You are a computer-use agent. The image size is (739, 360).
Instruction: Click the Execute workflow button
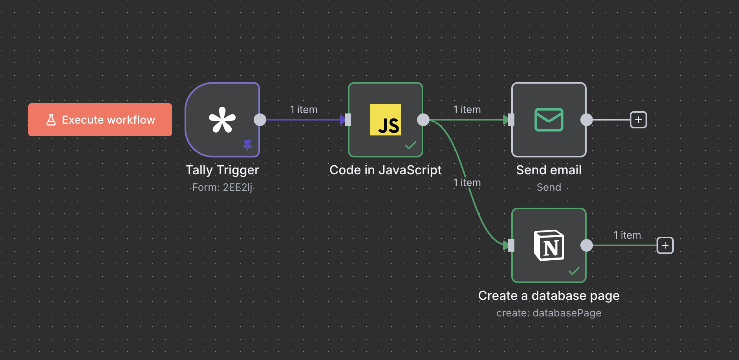pos(100,120)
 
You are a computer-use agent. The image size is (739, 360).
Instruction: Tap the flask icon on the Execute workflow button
pos(51,120)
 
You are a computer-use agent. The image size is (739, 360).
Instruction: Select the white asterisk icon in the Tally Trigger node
pos(222,120)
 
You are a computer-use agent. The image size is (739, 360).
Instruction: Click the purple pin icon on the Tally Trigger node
pos(247,145)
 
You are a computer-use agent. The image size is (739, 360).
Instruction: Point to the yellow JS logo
pos(386,120)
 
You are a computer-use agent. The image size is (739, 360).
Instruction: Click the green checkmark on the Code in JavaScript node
pos(411,146)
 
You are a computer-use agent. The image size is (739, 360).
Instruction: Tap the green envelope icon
pos(549,120)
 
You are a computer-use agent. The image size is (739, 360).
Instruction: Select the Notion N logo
pos(549,245)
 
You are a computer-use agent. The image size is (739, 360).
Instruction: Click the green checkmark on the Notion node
pos(574,271)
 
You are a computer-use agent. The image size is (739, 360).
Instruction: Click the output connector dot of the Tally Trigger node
pos(260,120)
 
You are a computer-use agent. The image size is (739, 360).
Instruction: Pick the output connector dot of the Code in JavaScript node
pos(423,120)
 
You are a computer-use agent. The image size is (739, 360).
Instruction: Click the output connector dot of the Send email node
pos(587,120)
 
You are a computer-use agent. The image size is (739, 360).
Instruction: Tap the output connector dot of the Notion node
pos(587,245)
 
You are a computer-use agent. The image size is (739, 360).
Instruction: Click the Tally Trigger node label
pos(222,170)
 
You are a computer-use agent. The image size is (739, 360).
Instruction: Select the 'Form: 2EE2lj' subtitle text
pos(222,187)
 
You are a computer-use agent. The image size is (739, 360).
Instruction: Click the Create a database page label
pos(549,296)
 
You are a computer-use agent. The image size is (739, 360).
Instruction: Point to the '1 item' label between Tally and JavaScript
pos(304,110)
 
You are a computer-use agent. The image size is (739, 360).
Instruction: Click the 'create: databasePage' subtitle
pos(549,313)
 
